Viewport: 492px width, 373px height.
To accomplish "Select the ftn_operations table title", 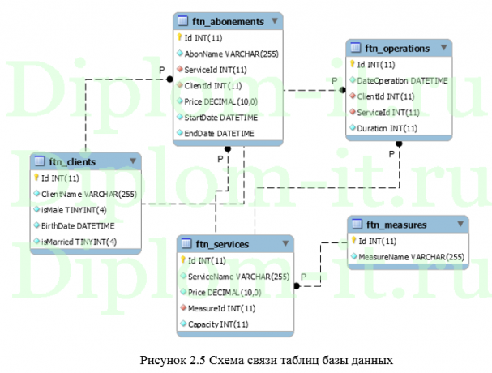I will pyautogui.click(x=397, y=49).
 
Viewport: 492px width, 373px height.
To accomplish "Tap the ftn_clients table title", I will pyautogui.click(x=72, y=162).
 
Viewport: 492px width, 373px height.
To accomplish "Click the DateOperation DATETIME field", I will pyautogui.click(x=402, y=80).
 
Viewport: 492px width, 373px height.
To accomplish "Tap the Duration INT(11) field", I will pyautogui.click(x=387, y=128).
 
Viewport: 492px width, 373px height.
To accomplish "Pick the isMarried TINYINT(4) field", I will pyautogui.click(x=79, y=241).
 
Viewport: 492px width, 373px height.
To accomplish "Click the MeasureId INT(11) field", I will pyautogui.click(x=221, y=308).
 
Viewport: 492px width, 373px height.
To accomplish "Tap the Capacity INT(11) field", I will pyautogui.click(x=218, y=324).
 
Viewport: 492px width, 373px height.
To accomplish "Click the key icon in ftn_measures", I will pyautogui.click(x=353, y=241).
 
